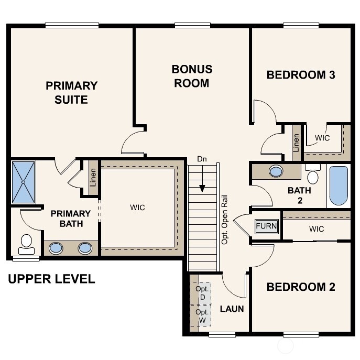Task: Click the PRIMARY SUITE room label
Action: point(71,92)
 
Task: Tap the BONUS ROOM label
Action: point(192,76)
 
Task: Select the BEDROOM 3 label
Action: point(301,74)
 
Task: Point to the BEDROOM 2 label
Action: point(301,287)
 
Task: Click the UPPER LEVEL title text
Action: point(51,279)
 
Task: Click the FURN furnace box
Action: point(266,226)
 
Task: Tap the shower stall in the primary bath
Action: point(24,182)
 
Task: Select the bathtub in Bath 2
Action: point(339,186)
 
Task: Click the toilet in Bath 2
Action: point(313,174)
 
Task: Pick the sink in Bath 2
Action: point(276,171)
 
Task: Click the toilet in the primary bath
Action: point(26,243)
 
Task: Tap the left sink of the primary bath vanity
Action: point(56,248)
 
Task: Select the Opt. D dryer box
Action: point(202,293)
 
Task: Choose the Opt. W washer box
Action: point(202,315)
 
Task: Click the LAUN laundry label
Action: point(232,309)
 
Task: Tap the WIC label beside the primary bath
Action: point(137,208)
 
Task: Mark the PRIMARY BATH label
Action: point(70,219)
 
